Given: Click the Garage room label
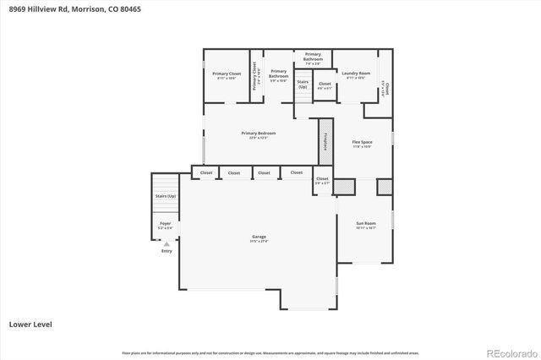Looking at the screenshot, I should click(259, 237).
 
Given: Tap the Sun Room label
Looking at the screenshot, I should click(366, 223).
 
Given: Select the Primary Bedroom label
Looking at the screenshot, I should click(259, 133).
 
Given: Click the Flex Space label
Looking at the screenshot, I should click(362, 142).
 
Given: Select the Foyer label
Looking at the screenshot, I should click(165, 223).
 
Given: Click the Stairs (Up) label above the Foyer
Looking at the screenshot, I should click(166, 196).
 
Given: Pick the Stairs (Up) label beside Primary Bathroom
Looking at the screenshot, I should click(303, 85).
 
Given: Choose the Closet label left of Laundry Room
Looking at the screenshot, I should click(325, 84).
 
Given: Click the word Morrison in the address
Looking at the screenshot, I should click(87, 10).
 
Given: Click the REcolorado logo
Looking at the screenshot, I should click(511, 352).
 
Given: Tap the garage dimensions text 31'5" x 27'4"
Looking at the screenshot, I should click(259, 242).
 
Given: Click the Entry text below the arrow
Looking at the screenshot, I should click(167, 251).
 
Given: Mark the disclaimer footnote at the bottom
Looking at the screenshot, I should click(270, 352).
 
